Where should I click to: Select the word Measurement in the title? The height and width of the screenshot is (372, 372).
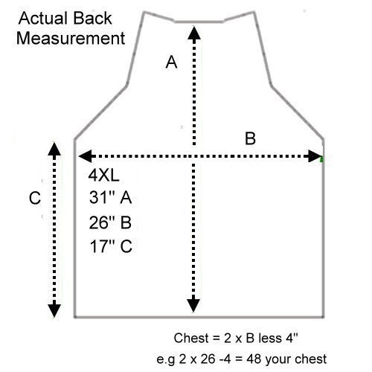(71, 38)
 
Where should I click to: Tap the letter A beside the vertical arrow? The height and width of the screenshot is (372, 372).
(171, 62)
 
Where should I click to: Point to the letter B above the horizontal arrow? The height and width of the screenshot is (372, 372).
(250, 138)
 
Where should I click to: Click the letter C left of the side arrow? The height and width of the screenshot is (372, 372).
(35, 198)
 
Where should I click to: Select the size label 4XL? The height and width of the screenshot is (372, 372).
(104, 176)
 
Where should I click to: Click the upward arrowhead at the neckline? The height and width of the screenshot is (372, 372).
(194, 33)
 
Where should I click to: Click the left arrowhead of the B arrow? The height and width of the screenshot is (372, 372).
(86, 156)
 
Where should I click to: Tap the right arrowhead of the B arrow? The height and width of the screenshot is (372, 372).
(315, 156)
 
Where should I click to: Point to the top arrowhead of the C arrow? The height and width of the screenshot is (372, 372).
(54, 149)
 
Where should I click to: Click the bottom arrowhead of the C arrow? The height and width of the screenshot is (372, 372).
(54, 310)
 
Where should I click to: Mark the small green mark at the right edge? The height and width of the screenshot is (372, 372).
(321, 159)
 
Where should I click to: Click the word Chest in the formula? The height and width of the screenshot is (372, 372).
(191, 338)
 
